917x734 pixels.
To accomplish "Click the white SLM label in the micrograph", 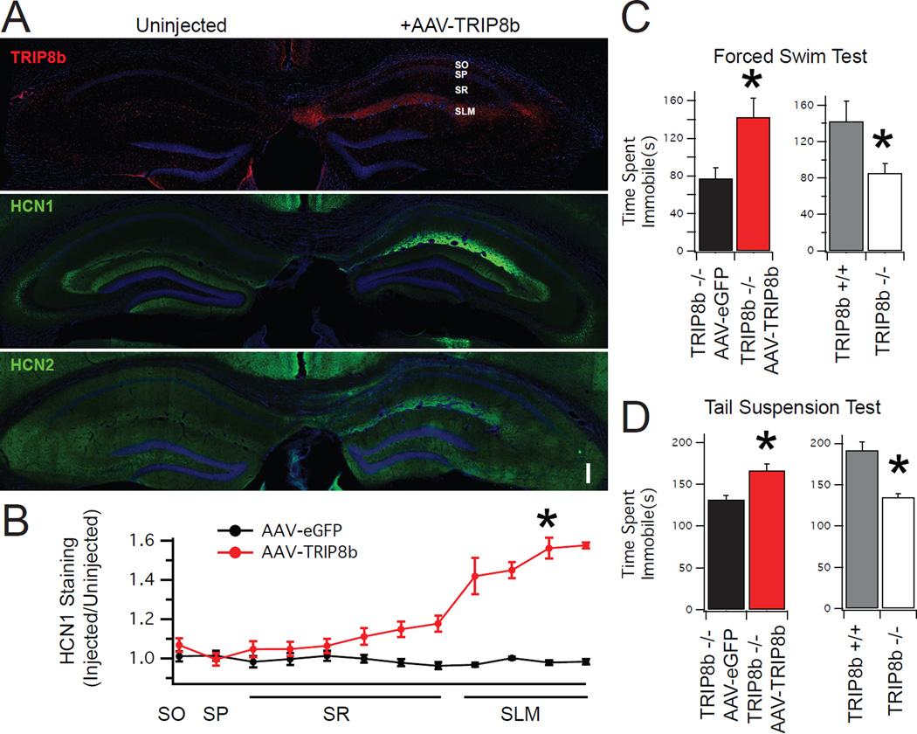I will coord(465,112).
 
